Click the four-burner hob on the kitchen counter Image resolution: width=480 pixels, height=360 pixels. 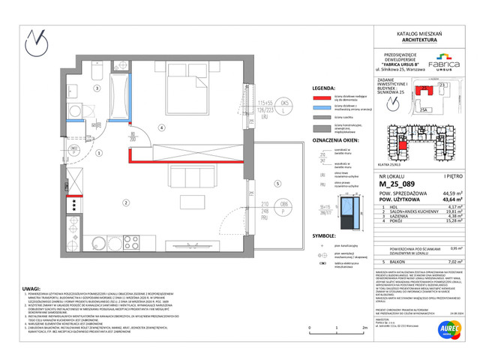(76, 204)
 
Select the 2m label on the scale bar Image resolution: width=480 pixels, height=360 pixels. (364, 328)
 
